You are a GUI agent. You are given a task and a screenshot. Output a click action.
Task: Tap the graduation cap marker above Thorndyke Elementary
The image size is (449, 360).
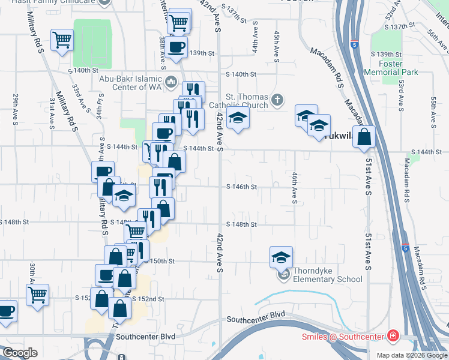[281, 257]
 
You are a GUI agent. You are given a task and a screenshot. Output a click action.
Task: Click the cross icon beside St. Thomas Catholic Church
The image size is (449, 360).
[277, 100]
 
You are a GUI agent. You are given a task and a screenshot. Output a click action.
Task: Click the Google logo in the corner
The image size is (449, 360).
[20, 352]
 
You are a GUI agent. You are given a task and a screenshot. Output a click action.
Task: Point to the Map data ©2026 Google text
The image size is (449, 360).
[411, 355]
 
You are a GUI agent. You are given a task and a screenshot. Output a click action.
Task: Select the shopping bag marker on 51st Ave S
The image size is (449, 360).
[364, 137]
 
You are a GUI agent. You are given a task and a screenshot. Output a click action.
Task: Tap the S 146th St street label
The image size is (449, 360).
[241, 187]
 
